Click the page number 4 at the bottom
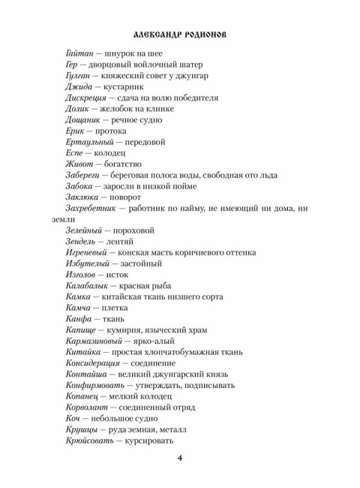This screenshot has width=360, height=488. [x=179, y=459]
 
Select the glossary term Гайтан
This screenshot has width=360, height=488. [x=80, y=55]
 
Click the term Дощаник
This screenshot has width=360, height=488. [x=85, y=120]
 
